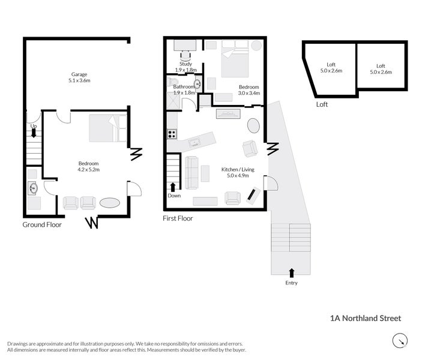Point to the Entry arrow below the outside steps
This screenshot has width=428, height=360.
tap(292, 273)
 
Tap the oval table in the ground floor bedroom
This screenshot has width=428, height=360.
tap(110, 203)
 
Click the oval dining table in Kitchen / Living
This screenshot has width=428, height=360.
tap(254, 126)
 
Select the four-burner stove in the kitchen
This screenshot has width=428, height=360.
tap(172, 134)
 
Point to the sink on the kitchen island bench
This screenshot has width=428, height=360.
tap(195, 143)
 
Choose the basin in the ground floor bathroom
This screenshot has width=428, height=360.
tap(32, 188)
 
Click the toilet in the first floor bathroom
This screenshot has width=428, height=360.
tap(197, 85)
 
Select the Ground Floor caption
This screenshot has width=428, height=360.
tap(42, 224)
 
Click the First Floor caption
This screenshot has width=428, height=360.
tap(178, 218)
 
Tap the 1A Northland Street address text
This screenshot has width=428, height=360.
tap(365, 319)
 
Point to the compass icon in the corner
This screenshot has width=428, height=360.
tap(399, 341)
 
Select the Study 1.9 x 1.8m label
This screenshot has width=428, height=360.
tap(185, 67)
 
